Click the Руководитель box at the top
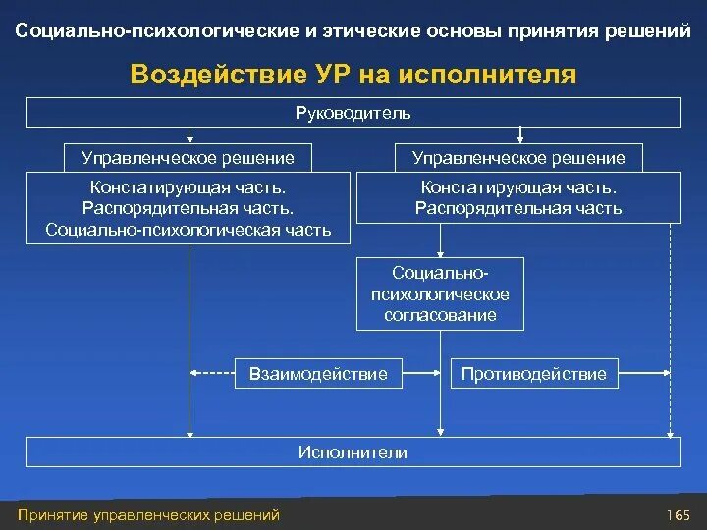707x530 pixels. (353, 113)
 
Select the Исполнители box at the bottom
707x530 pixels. (353, 451)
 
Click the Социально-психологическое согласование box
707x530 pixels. (440, 294)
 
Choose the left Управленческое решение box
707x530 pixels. (188, 157)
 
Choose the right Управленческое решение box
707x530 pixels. (518, 157)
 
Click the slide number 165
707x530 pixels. (677, 514)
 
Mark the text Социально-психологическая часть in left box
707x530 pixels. (188, 231)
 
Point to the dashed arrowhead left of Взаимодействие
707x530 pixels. (194, 373)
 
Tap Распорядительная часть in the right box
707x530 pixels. (518, 208)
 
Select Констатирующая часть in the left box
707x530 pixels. (188, 186)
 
